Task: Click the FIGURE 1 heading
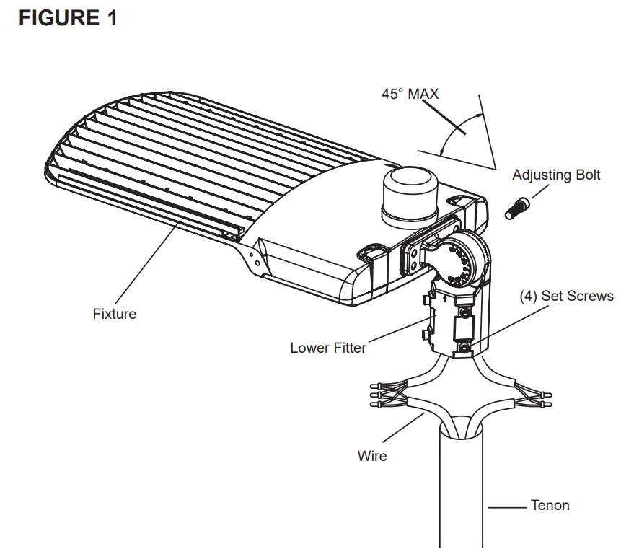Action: (x=68, y=18)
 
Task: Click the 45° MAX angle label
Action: (x=410, y=94)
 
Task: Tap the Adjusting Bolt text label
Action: (x=556, y=175)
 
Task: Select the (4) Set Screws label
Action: (x=567, y=296)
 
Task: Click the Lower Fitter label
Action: (x=328, y=348)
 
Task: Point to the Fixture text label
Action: (x=114, y=314)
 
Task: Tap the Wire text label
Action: (x=372, y=456)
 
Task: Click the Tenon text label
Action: (x=550, y=505)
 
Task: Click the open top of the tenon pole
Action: (x=462, y=431)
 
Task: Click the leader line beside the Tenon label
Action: (x=508, y=507)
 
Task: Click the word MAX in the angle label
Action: (x=423, y=94)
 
